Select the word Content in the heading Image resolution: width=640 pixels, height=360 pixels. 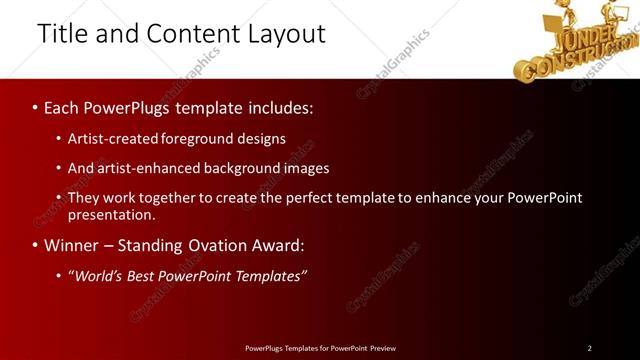pyautogui.click(x=184, y=33)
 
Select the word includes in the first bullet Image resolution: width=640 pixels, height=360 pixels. pyautogui.click(x=279, y=107)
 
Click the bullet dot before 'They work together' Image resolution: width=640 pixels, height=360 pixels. pyautogui.click(x=59, y=198)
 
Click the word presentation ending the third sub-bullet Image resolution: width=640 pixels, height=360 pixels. pyautogui.click(x=110, y=214)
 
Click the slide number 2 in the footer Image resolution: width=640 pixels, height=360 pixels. pyautogui.click(x=589, y=348)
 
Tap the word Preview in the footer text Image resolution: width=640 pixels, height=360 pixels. pyautogui.click(x=381, y=348)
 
